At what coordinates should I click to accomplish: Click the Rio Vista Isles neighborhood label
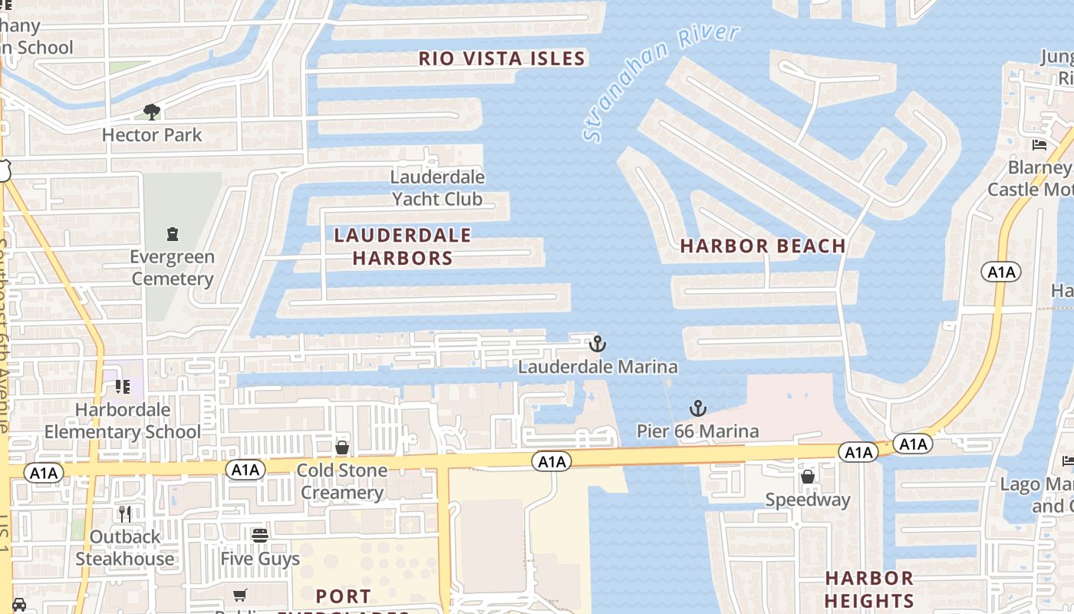point(502,58)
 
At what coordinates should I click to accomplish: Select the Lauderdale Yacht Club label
point(437,188)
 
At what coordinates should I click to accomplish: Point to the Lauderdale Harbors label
point(403,246)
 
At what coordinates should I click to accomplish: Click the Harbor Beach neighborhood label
point(763,246)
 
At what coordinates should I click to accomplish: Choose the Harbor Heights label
point(869,589)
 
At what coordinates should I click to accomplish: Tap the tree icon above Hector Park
point(152,112)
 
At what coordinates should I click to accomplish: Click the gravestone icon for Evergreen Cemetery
point(173,233)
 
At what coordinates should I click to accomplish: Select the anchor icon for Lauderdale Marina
point(597,344)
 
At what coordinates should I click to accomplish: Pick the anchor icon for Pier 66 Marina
point(697,408)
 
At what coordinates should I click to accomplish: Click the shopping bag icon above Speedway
point(808,477)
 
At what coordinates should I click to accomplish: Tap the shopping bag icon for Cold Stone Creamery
point(342,447)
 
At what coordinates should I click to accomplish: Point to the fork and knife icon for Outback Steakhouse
point(124,513)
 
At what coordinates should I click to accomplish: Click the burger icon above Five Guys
point(260,535)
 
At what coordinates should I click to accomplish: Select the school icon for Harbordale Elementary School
point(122,387)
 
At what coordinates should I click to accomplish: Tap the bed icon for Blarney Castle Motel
point(1039,145)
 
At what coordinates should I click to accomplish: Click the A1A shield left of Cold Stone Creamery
point(245,470)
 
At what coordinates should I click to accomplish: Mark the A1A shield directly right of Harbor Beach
point(1000,272)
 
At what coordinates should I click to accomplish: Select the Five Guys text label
point(260,559)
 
